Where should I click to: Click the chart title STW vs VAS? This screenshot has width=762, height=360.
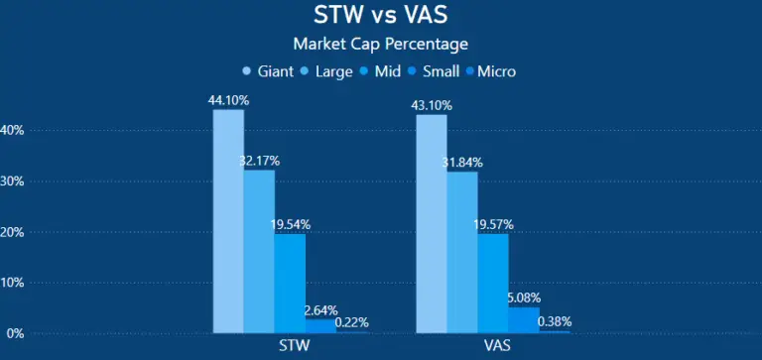click(381, 17)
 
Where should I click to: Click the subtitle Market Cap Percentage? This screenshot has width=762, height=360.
click(381, 44)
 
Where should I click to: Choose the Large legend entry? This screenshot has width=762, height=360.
click(334, 71)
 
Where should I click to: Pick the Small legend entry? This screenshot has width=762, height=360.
click(446, 71)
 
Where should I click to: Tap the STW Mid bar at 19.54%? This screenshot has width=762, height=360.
click(290, 283)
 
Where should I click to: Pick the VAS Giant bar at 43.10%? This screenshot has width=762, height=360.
click(432, 223)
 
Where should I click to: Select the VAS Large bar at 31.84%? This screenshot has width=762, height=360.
click(462, 252)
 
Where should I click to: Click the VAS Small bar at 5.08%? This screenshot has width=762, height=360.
click(524, 319)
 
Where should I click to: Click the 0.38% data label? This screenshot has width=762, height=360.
click(555, 321)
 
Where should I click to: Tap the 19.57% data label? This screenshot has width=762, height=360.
click(493, 225)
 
